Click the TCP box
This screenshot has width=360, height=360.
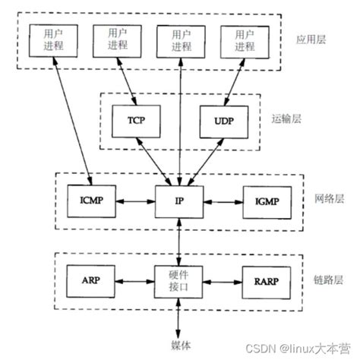(x=134, y=120)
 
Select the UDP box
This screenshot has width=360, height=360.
(x=222, y=120)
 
